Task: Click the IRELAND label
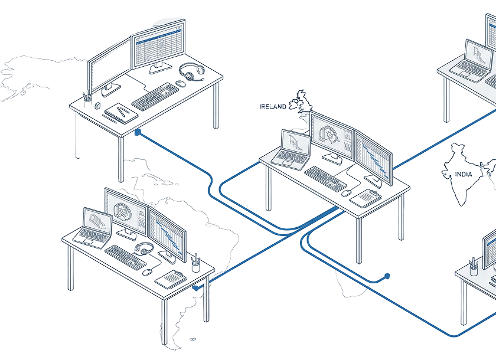[272, 107]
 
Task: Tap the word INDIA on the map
[464, 174]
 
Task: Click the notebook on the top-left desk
[121, 113]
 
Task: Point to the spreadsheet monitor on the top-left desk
[158, 44]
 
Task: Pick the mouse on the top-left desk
[181, 83]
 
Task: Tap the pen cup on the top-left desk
[87, 100]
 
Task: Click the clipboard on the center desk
[366, 198]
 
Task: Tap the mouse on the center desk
[347, 193]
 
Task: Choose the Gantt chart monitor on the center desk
[374, 158]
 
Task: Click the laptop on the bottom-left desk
[93, 228]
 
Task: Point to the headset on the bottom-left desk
[144, 248]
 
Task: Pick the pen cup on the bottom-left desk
[196, 264]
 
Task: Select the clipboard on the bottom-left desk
[171, 279]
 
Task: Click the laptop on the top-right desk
[472, 61]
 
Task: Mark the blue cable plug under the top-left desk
[138, 132]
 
